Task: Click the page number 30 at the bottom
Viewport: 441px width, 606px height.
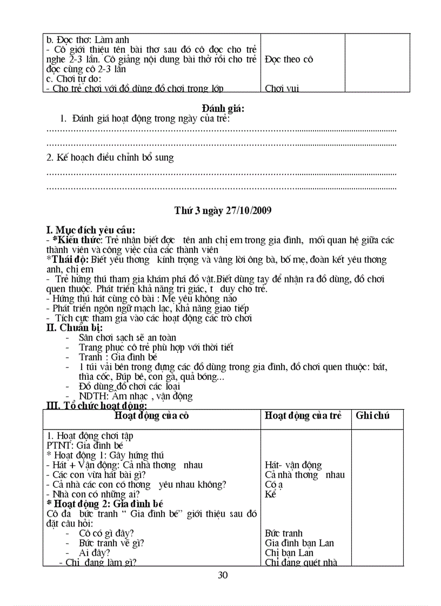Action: click(223, 575)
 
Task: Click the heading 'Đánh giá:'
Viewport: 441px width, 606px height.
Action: click(223, 109)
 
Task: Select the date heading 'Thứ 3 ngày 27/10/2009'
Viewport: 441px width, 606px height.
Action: click(223, 210)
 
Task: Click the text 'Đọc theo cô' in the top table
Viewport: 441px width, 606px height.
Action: click(289, 59)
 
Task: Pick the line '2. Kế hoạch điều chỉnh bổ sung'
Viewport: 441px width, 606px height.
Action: click(110, 158)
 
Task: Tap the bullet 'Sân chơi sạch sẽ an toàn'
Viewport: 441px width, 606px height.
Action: click(128, 337)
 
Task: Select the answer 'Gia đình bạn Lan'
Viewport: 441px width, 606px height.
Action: click(299, 543)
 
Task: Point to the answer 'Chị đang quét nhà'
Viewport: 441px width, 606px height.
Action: click(301, 562)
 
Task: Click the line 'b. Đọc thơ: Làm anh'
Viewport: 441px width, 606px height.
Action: click(88, 40)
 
